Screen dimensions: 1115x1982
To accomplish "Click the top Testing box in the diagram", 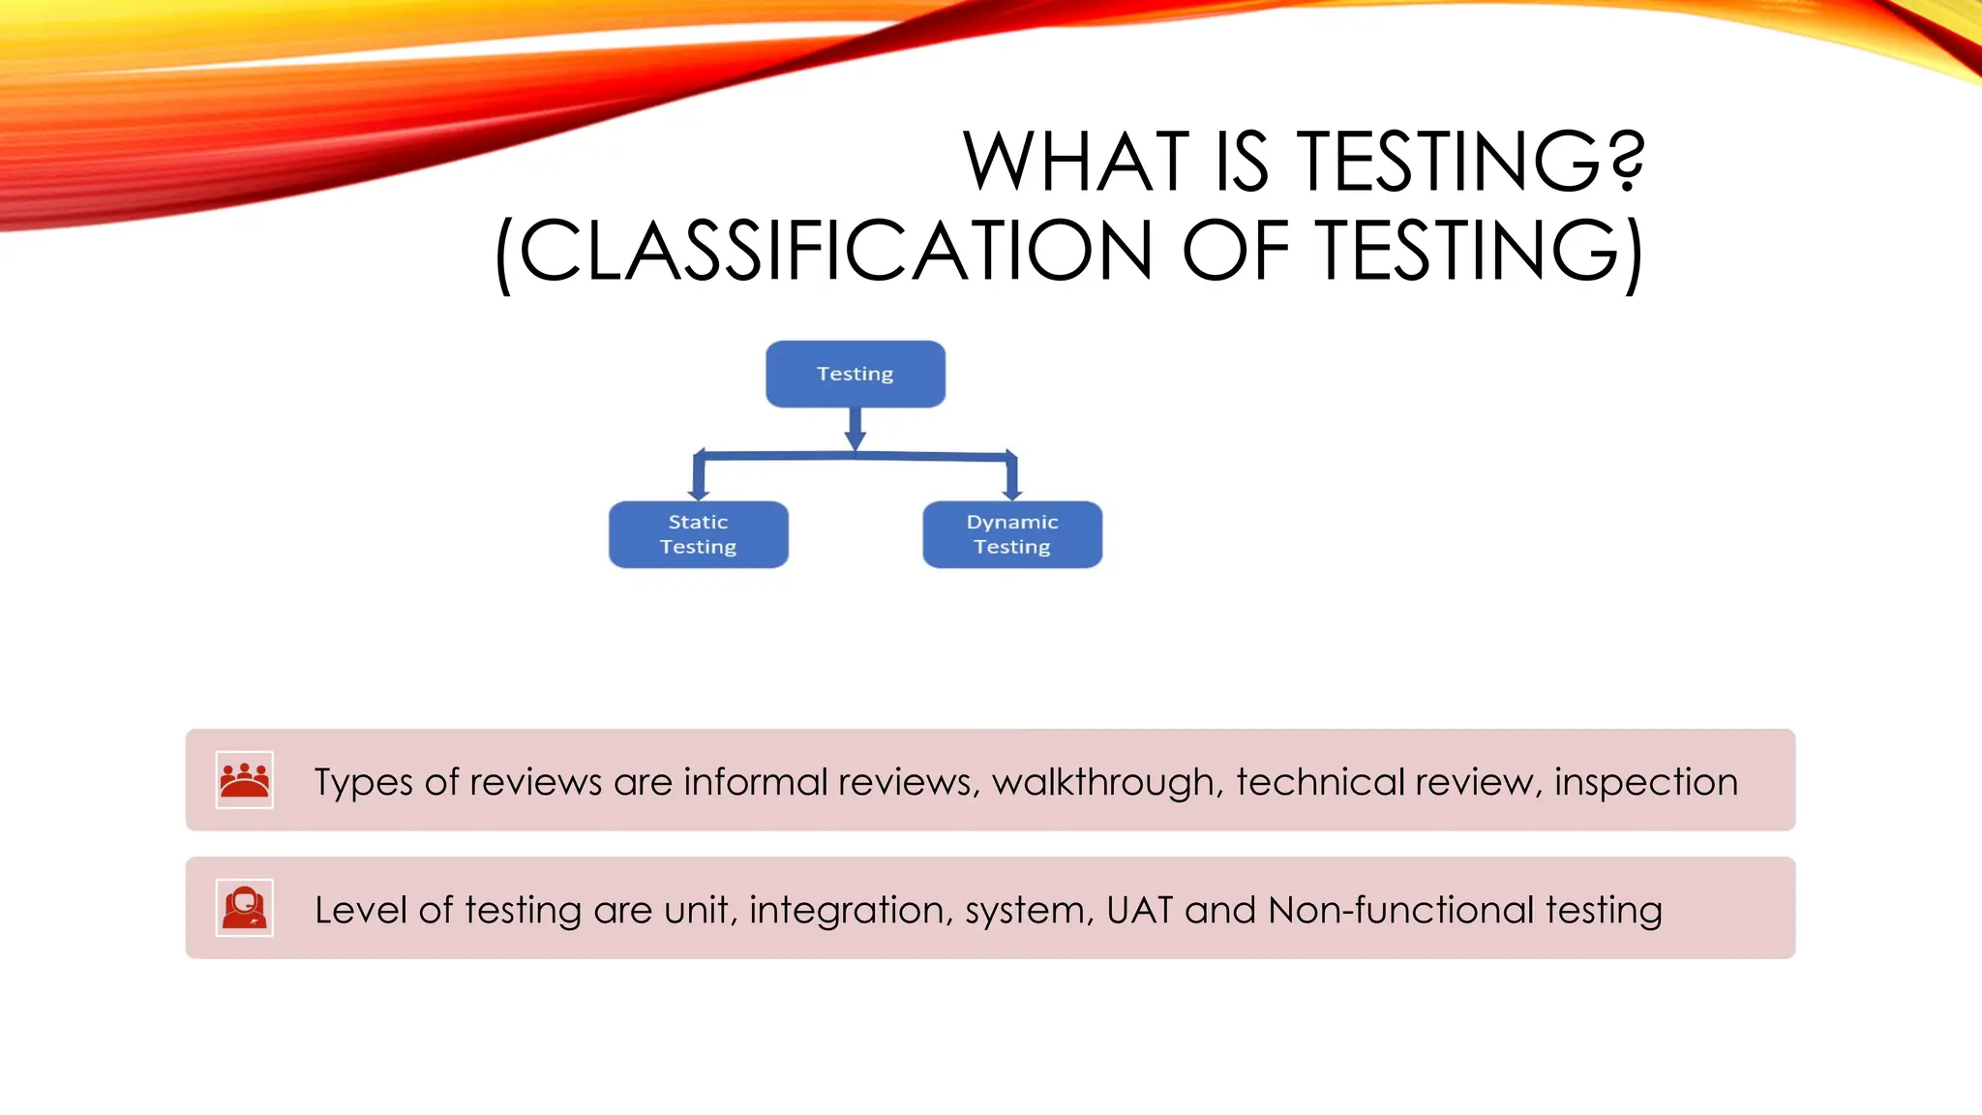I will click(x=855, y=374).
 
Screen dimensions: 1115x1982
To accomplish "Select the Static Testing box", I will click(x=698, y=534).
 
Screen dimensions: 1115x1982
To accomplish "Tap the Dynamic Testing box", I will click(x=1011, y=534).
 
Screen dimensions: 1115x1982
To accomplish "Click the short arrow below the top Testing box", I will click(x=855, y=429).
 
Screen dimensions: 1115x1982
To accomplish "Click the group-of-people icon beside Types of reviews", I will click(x=244, y=780).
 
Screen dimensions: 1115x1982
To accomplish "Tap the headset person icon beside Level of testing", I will click(x=244, y=908).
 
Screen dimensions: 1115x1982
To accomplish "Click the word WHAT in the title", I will click(x=1075, y=162).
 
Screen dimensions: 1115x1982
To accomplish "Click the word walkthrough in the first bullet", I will click(x=1103, y=782).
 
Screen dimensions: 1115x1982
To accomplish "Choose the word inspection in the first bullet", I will click(x=1645, y=782).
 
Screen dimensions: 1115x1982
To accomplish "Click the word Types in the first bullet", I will click(x=363, y=782).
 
